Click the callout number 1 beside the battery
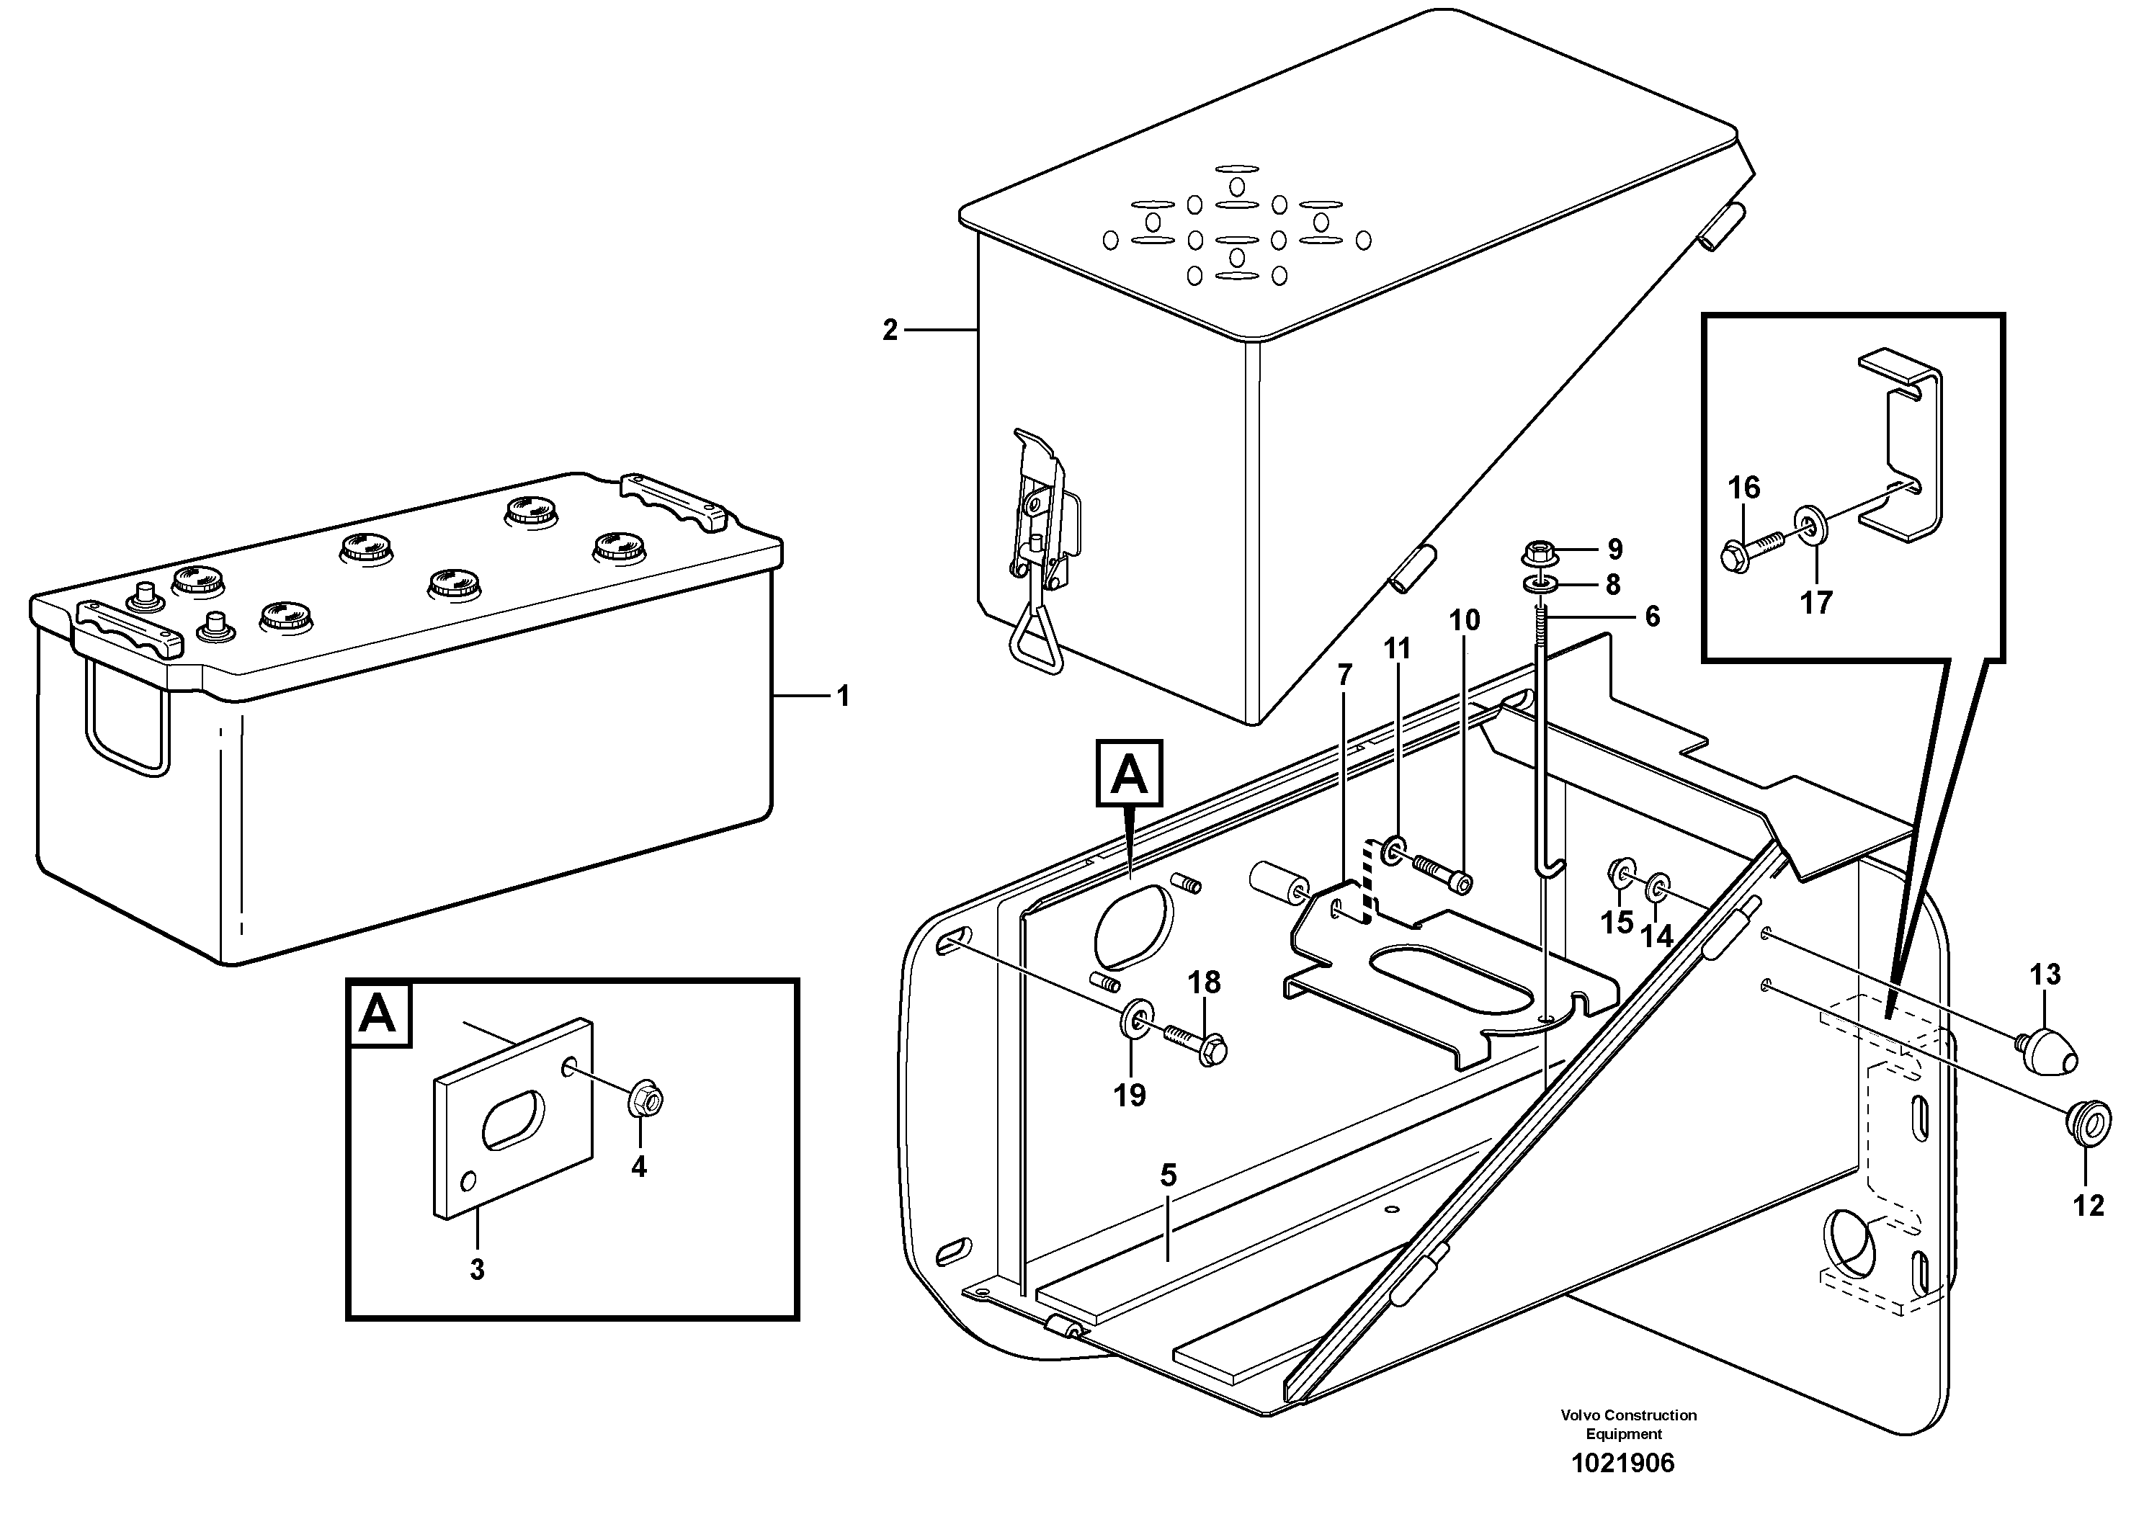tap(843, 696)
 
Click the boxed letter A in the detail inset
tap(378, 1013)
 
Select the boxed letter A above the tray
tap(1129, 773)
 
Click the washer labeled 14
tap(1658, 887)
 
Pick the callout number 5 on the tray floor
tap(1169, 1176)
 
